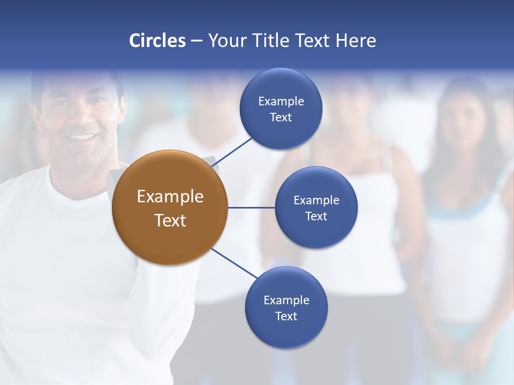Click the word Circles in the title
coord(157,41)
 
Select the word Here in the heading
coord(356,41)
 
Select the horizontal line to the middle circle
coord(252,207)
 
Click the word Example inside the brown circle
coord(170,197)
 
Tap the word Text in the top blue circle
coord(281,118)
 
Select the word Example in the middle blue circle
coord(316,201)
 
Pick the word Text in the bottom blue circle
coord(286,317)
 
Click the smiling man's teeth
coord(82,137)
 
